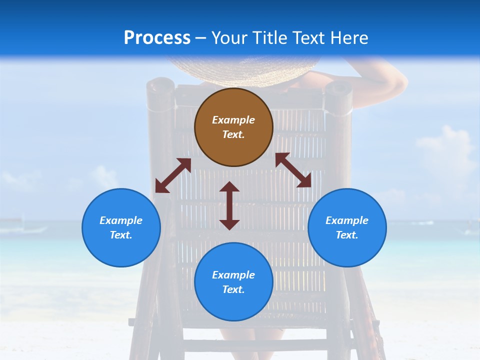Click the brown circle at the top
[x=233, y=127]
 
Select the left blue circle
[x=121, y=227]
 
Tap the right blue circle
[x=347, y=227]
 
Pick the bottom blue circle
[x=233, y=281]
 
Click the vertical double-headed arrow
[x=229, y=205]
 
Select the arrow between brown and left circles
[x=173, y=175]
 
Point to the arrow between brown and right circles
[x=293, y=170]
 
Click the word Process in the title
[x=157, y=38]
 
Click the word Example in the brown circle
[x=233, y=120]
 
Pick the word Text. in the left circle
[x=121, y=235]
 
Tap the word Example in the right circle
[x=347, y=220]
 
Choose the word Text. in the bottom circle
[x=233, y=289]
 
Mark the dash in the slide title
[x=201, y=38]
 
